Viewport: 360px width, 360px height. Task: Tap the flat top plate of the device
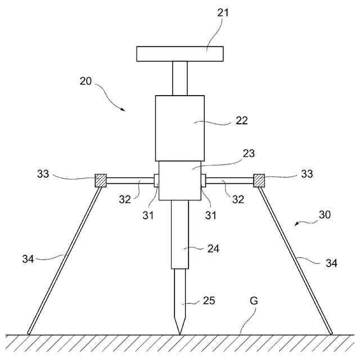click(x=180, y=53)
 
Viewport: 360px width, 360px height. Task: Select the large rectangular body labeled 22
click(x=179, y=128)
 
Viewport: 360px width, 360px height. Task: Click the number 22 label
click(x=242, y=120)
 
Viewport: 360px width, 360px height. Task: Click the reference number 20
click(x=85, y=81)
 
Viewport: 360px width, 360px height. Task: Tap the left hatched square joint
click(x=100, y=181)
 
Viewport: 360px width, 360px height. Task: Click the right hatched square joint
click(x=259, y=181)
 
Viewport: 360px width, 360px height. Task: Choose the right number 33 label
click(x=307, y=174)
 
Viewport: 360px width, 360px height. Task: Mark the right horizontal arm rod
click(x=230, y=181)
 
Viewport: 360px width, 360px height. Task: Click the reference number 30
click(x=325, y=214)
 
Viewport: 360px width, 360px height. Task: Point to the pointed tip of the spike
click(x=180, y=333)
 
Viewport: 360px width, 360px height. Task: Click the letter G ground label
click(x=254, y=301)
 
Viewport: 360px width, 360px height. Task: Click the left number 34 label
click(x=28, y=259)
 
